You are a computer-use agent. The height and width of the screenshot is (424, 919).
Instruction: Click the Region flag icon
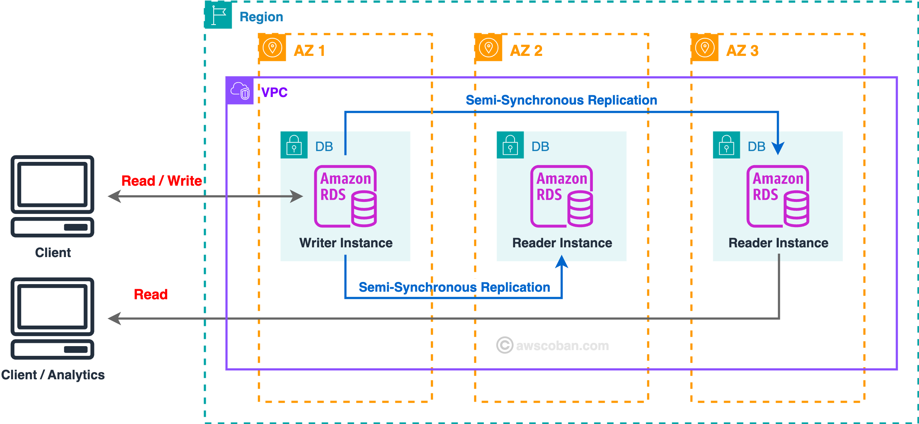pos(218,15)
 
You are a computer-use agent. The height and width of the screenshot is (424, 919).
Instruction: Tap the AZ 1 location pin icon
pos(272,48)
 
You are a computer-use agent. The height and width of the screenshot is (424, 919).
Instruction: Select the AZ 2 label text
pos(526,50)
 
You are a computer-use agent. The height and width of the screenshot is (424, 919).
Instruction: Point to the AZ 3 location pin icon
pos(705,48)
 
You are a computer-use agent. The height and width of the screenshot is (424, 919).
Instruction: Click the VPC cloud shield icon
pos(240,90)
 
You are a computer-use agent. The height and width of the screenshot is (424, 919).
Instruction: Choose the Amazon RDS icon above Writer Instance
pos(346,196)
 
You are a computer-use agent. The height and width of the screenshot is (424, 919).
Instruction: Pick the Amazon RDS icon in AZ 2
pos(562,196)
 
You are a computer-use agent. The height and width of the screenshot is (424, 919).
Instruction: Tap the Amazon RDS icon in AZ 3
pos(778,196)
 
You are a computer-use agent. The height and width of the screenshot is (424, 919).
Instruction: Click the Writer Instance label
pos(346,243)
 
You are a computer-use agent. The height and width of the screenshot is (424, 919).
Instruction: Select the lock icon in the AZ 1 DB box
pos(294,145)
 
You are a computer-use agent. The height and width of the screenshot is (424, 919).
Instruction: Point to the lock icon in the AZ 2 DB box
pos(510,145)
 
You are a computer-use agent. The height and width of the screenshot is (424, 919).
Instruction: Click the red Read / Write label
pos(161,181)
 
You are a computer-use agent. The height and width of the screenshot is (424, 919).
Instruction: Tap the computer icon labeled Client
pos(53,196)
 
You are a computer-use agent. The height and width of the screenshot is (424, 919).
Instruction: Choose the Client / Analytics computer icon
pos(53,318)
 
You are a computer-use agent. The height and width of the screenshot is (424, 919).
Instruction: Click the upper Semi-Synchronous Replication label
pos(561,100)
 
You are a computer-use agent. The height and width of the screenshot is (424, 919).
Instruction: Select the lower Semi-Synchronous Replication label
pos(454,287)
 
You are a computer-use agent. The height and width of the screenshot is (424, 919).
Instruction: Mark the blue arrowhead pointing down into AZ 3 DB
pos(778,148)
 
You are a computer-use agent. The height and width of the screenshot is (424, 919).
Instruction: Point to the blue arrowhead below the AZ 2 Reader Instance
pos(561,262)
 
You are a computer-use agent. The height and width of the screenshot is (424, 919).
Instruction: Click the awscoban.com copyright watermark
pos(553,345)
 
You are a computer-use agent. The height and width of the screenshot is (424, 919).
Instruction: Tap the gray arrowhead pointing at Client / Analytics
pos(115,318)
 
